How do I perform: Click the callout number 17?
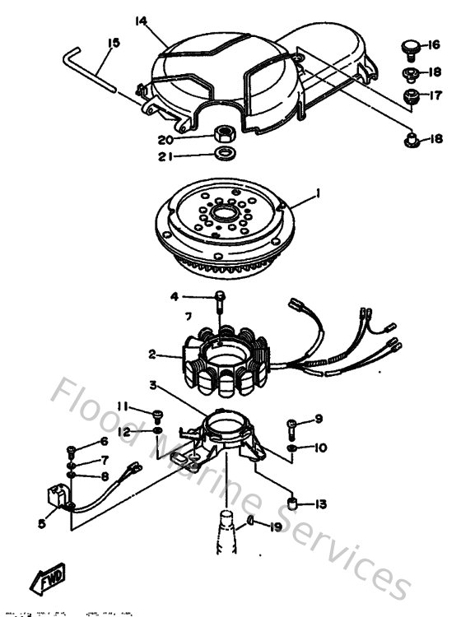click(436, 95)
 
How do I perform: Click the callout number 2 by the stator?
click(152, 355)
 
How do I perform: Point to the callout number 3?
click(153, 385)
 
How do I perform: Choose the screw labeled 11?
click(156, 414)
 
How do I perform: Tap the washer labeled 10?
click(293, 448)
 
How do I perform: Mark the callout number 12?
click(121, 431)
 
